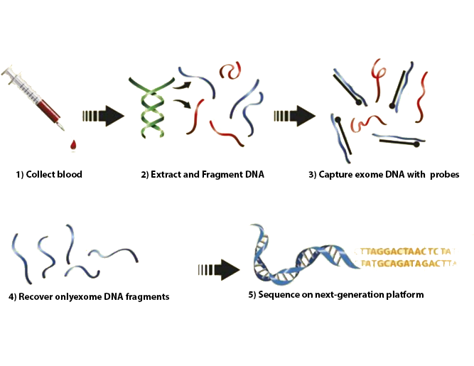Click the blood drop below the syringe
pos(72,145)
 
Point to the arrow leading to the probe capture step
pos(295,115)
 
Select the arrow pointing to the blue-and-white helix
pos(218,269)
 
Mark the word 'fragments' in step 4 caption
pos(148,296)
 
